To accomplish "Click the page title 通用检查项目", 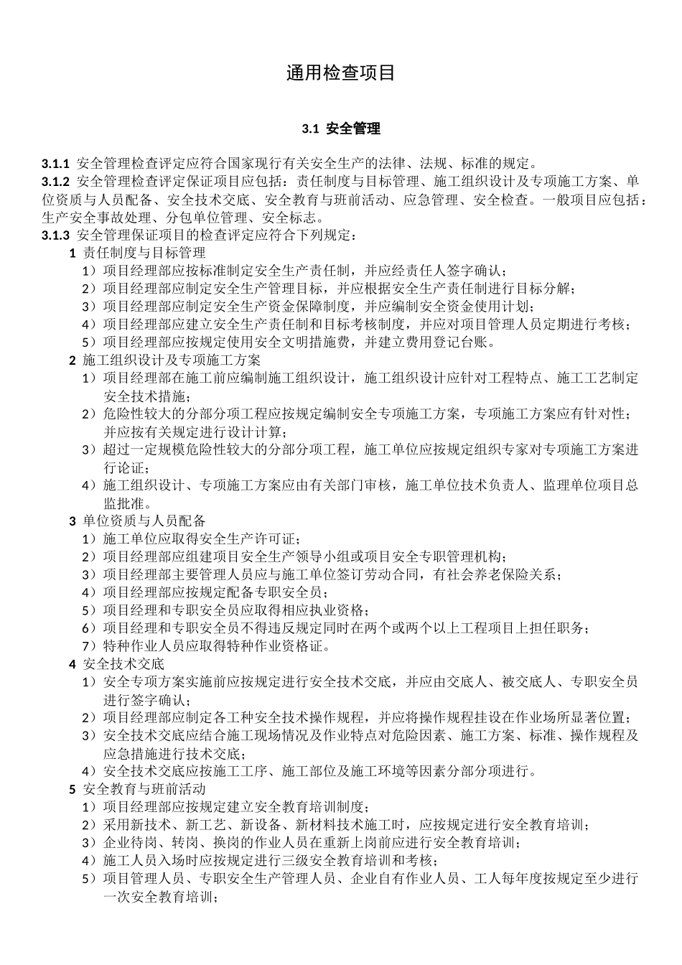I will [341, 73].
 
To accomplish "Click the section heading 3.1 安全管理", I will [341, 129].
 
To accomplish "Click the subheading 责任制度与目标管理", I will [144, 253].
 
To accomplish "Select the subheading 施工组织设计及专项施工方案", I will [172, 360].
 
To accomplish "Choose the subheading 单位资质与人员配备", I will [144, 521].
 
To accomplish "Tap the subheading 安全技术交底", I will [123, 663].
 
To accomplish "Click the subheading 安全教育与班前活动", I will [144, 789].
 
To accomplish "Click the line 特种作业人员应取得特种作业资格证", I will [215, 645].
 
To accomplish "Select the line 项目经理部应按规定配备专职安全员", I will [215, 592].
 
